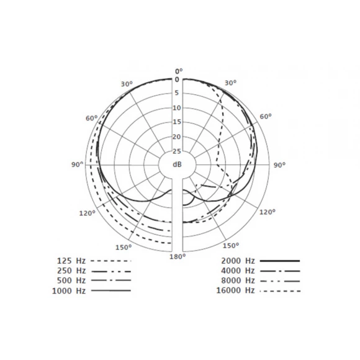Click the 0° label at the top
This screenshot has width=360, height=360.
click(x=179, y=71)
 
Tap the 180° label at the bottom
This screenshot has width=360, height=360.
click(x=178, y=256)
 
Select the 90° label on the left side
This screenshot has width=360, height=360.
click(x=78, y=164)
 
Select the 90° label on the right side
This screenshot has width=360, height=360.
click(x=279, y=165)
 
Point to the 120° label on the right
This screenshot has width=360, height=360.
click(x=268, y=212)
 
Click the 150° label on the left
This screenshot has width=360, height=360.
click(x=124, y=247)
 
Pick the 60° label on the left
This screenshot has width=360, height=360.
click(x=92, y=118)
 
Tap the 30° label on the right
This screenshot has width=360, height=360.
click(x=230, y=83)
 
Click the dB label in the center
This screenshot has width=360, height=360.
click(x=177, y=164)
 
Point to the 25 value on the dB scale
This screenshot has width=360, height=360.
click(x=177, y=151)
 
